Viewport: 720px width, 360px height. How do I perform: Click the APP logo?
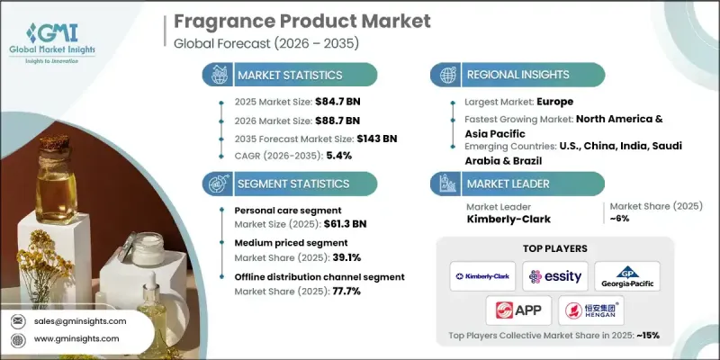coord(520,310)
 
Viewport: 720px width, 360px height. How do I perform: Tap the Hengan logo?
coord(591,310)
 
